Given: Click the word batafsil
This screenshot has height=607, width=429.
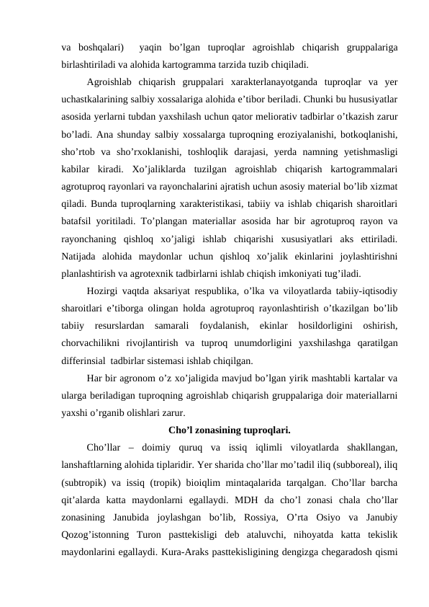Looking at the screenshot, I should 79,221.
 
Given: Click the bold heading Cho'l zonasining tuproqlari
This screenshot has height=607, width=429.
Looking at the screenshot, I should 229,431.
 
